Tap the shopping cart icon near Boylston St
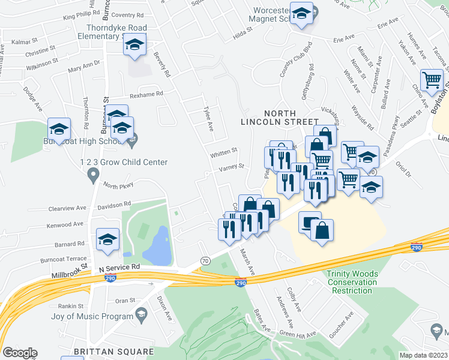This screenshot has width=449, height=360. point(432,80)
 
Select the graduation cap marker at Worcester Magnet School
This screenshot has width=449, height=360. point(301,13)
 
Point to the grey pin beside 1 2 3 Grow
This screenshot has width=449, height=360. point(92,175)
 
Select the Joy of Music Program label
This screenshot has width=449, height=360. point(92,316)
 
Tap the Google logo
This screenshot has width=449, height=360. point(19,353)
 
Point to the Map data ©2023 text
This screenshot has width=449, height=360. point(423,355)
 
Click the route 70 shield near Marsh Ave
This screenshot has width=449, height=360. point(205,260)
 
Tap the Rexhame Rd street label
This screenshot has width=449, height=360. point(146,95)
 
